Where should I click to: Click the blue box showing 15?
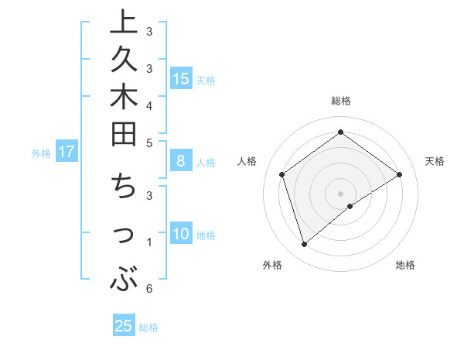(180, 78)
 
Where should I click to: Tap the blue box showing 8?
(180, 161)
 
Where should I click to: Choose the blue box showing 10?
(180, 234)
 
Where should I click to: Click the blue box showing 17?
(67, 152)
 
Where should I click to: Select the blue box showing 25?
(124, 326)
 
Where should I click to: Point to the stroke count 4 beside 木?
(148, 105)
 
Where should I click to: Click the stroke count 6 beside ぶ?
(148, 289)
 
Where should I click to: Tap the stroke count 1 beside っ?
(148, 242)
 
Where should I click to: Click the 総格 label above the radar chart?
(340, 101)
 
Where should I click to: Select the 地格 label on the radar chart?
(405, 265)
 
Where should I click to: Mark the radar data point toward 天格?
(400, 174)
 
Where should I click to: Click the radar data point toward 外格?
(304, 245)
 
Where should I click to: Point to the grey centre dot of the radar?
(340, 194)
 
